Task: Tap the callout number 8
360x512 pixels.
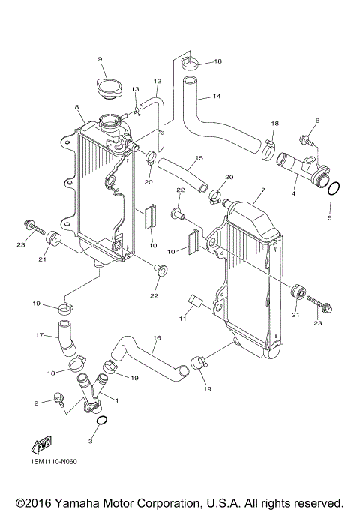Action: [77, 108]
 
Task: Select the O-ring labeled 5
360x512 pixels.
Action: [335, 188]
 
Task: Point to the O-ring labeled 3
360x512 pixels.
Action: [101, 421]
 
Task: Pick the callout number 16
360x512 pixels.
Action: [157, 338]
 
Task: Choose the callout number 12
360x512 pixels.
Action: [157, 81]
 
